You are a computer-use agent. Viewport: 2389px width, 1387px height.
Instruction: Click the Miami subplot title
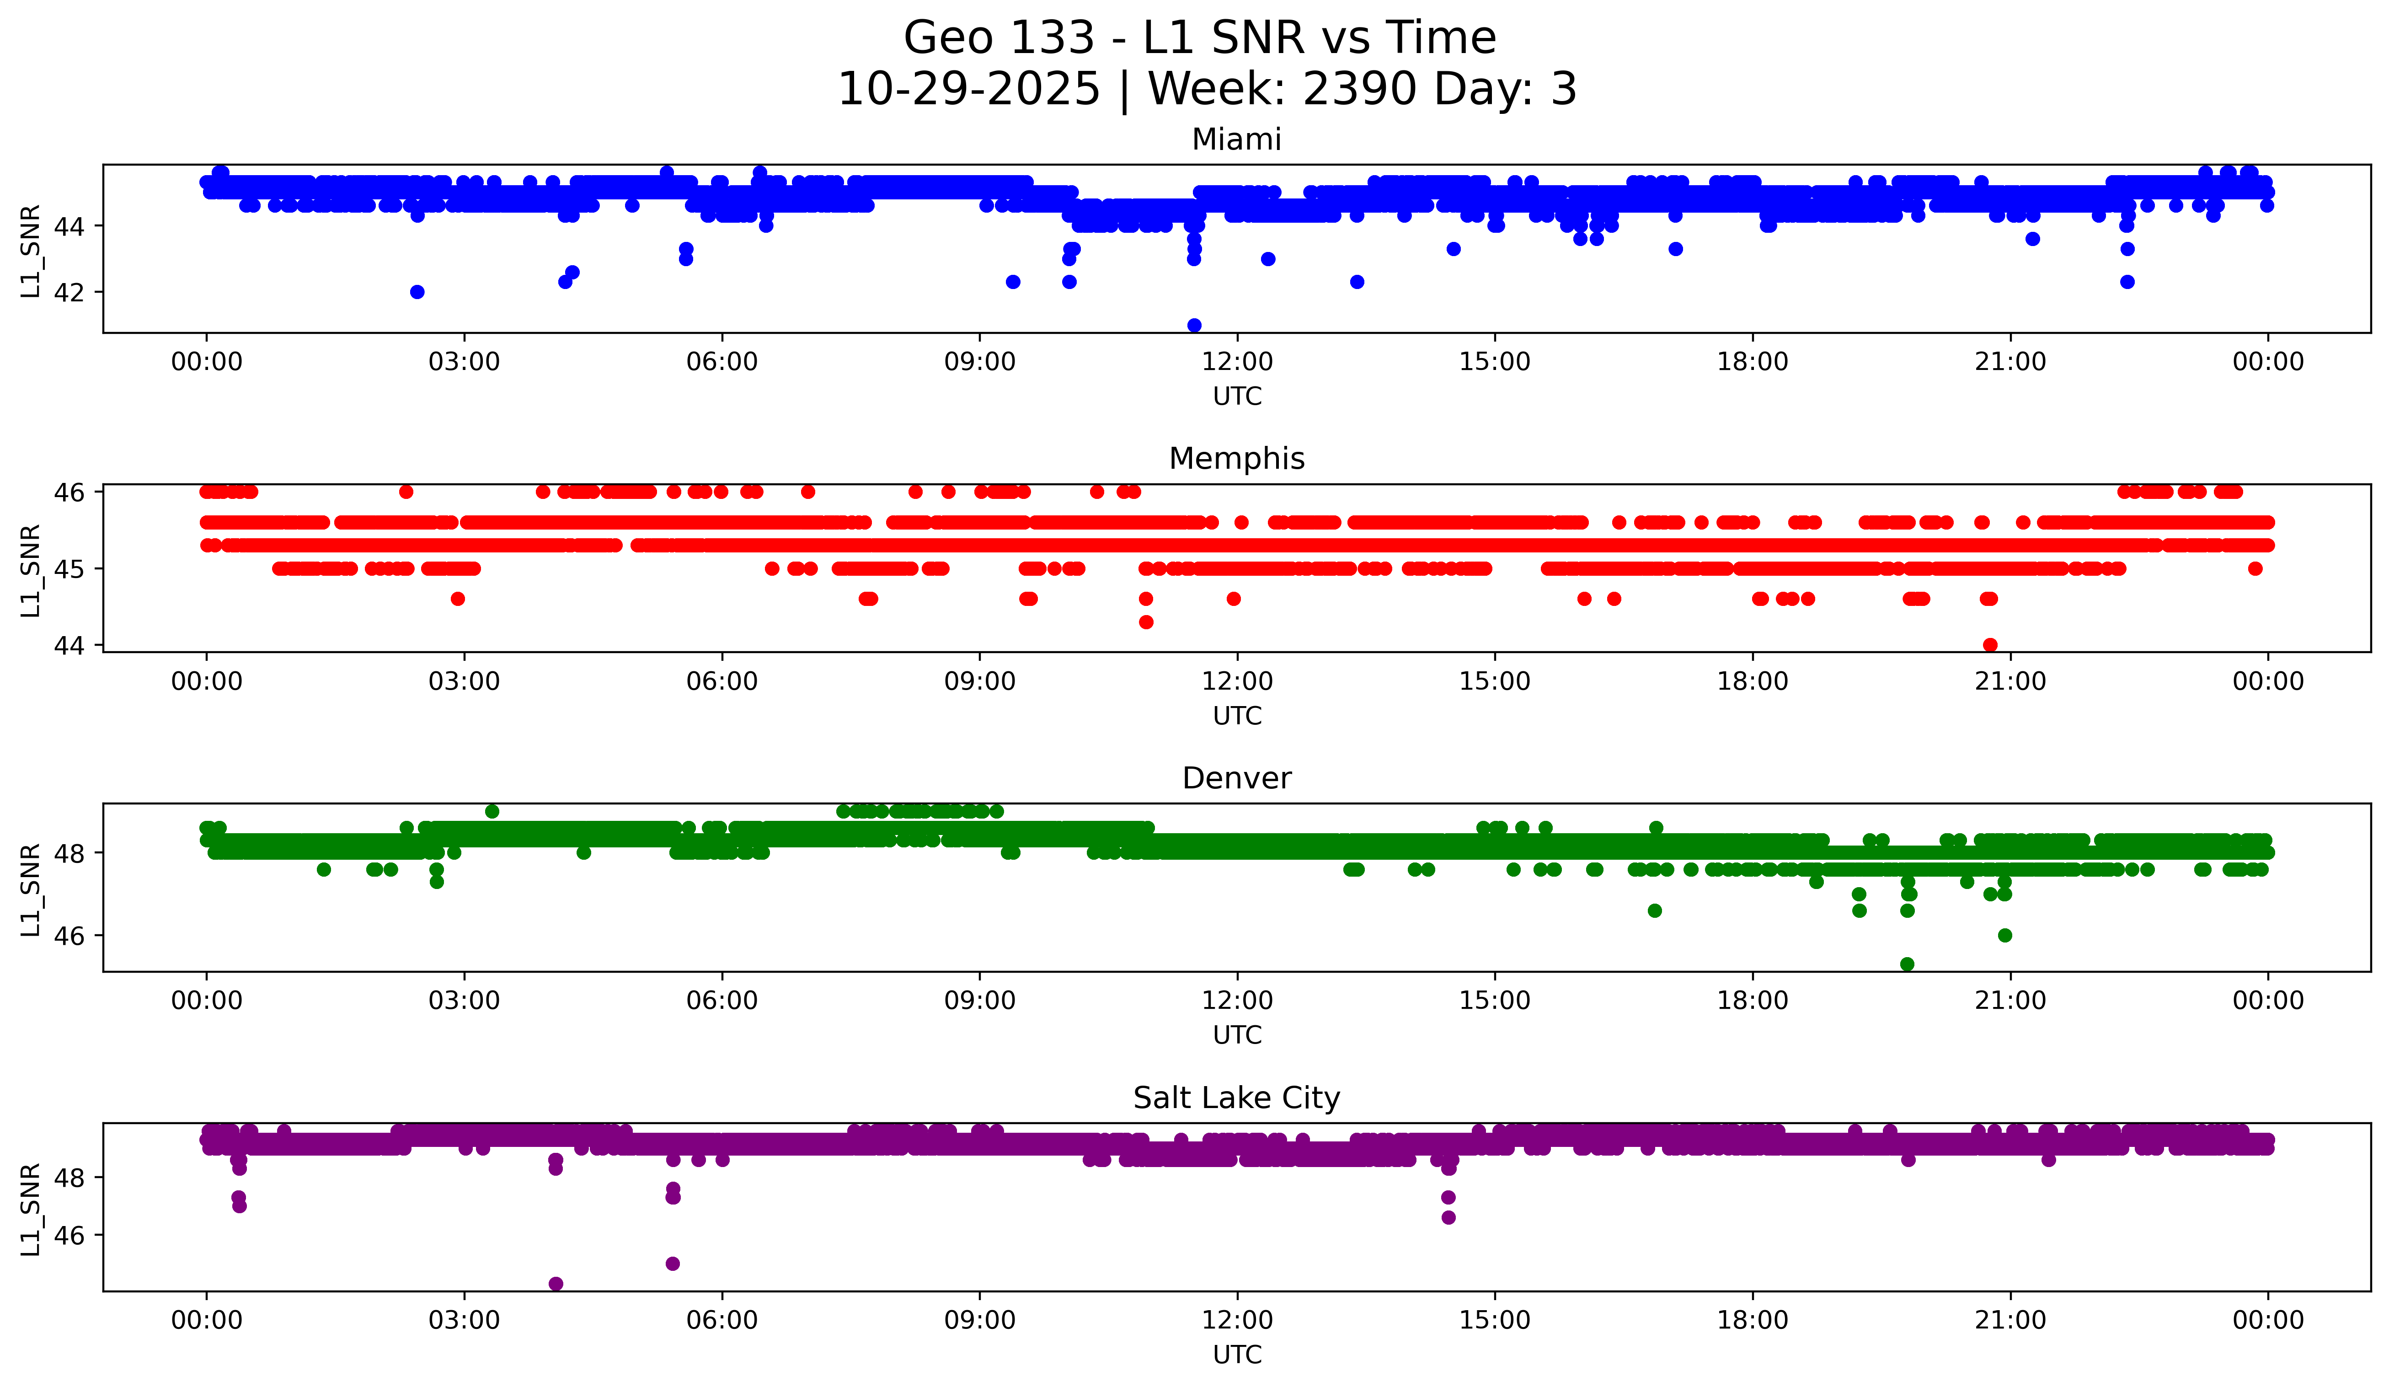(1236, 139)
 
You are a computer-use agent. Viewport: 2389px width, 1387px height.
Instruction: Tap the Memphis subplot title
(1236, 459)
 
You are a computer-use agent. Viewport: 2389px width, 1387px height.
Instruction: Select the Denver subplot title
(1236, 778)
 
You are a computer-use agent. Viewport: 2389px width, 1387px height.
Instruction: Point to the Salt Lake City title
(1236, 1098)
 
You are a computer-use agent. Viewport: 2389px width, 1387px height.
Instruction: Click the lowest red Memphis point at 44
(1990, 645)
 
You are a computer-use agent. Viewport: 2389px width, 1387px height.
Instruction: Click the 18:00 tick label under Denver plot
(1752, 1001)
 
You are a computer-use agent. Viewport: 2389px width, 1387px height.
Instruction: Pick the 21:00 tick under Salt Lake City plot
(2010, 1321)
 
